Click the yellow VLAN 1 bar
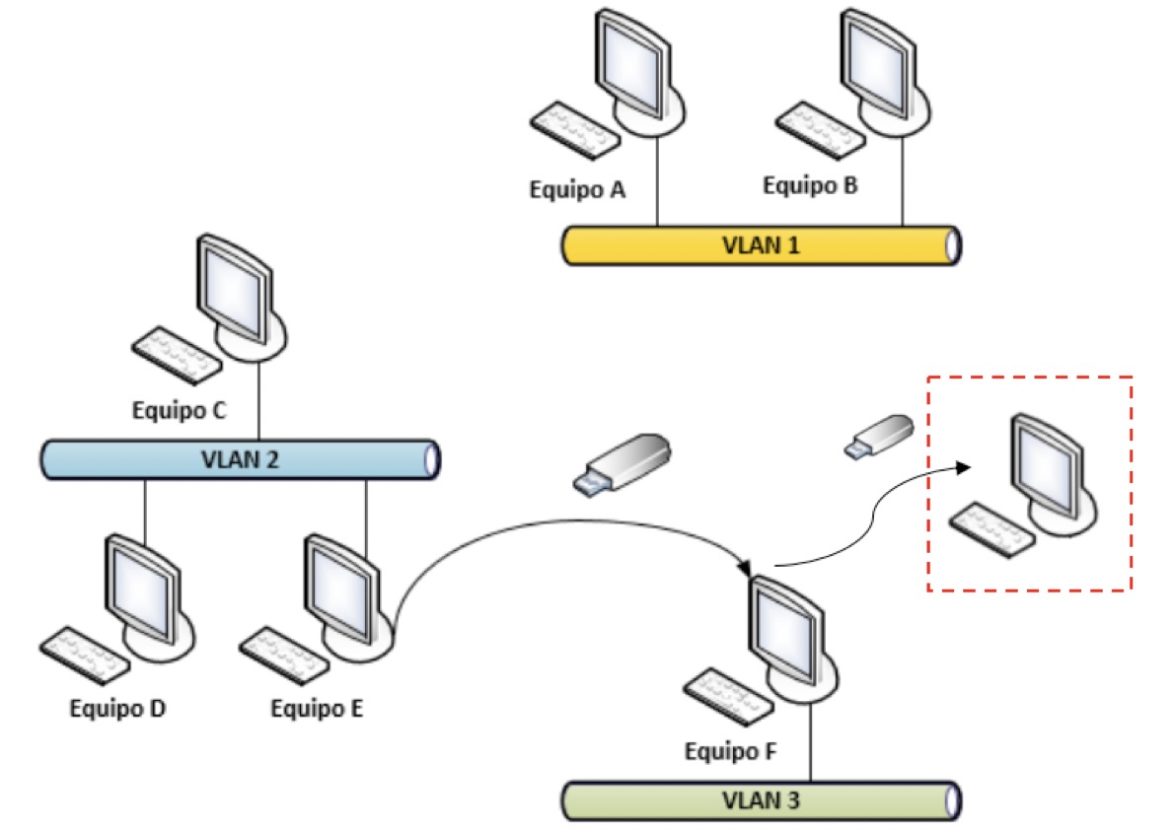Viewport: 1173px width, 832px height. [x=762, y=245]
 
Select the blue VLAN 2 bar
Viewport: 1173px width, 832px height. [x=240, y=459]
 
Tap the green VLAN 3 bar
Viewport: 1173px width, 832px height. [x=762, y=800]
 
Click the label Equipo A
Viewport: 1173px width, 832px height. [x=577, y=190]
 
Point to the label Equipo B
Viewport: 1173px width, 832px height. [x=810, y=185]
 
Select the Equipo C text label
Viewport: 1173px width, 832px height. [x=179, y=410]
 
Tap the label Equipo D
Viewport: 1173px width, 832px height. [x=117, y=707]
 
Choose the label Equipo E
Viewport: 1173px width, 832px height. [x=317, y=707]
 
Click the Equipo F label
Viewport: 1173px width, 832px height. [x=730, y=750]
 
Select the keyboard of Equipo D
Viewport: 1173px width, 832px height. [x=85, y=655]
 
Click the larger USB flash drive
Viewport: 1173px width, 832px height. [x=623, y=464]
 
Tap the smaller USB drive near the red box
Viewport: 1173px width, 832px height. [x=879, y=436]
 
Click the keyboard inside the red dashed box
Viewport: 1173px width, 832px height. [x=991, y=529]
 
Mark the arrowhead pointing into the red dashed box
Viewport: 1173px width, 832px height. [x=964, y=467]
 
